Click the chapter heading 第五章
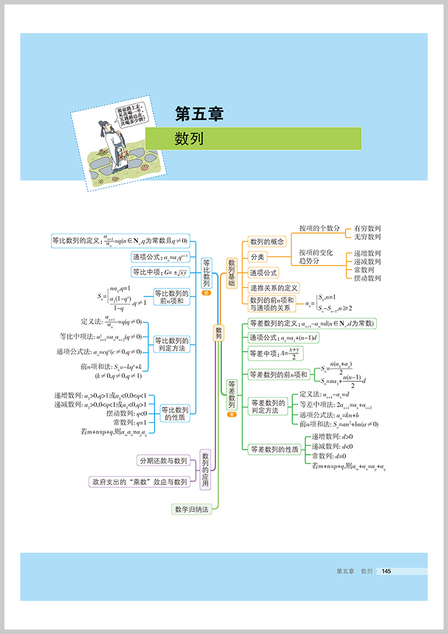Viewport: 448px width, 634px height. (199, 114)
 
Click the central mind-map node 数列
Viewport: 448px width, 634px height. (219, 333)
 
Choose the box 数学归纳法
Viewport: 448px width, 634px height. (192, 509)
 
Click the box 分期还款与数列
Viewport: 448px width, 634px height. (164, 460)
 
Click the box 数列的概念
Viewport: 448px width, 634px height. (267, 242)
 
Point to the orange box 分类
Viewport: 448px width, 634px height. (257, 257)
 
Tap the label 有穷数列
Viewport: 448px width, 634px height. (367, 229)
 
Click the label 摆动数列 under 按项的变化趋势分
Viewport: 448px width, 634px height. (367, 278)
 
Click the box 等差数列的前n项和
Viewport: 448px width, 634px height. (278, 375)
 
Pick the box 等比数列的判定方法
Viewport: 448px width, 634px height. (171, 344)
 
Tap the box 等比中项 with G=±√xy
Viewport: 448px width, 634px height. (161, 272)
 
